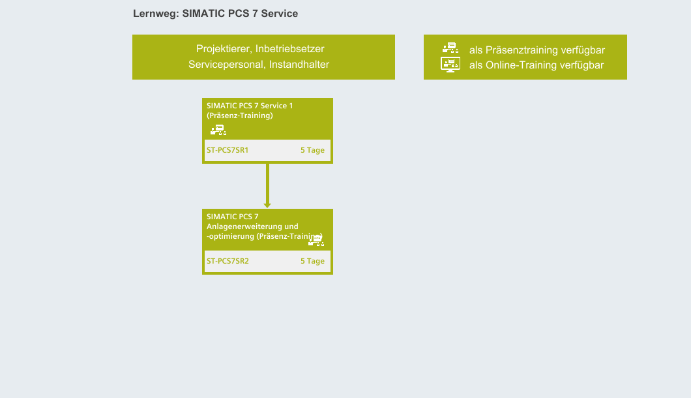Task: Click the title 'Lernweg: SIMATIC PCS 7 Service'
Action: [x=215, y=13]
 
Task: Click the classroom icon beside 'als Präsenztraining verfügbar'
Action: [x=450, y=48]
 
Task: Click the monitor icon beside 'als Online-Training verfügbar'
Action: [x=450, y=65]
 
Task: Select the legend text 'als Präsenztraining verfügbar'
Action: [x=537, y=50]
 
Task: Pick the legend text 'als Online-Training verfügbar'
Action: [x=537, y=65]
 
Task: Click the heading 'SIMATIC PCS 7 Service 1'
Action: [x=250, y=106]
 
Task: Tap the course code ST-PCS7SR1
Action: [x=228, y=150]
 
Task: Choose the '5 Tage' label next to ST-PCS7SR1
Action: [x=312, y=150]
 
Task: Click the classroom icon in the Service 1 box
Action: [x=218, y=130]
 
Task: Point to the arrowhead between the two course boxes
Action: [x=267, y=204]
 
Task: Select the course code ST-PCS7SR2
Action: [x=228, y=261]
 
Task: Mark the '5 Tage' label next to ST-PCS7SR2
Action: [x=312, y=261]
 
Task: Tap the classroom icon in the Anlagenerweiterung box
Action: [x=316, y=240]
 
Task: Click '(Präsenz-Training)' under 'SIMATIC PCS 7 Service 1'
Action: [x=239, y=115]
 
